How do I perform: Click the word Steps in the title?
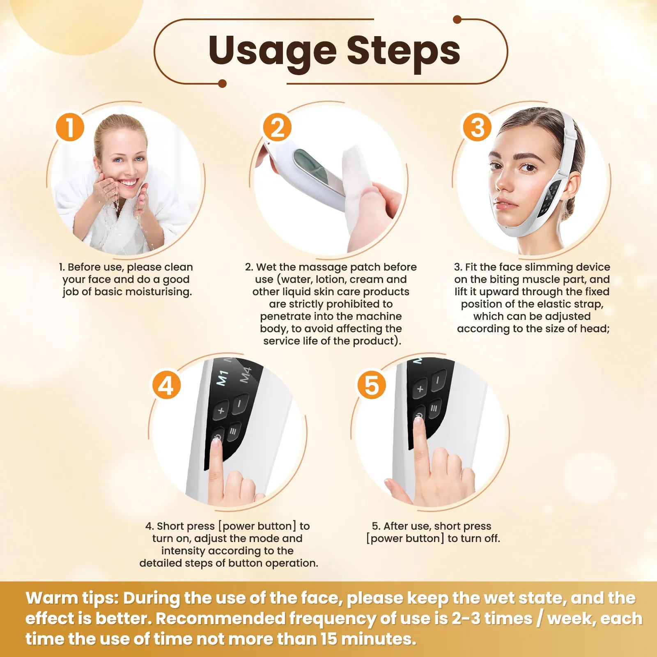[403, 50]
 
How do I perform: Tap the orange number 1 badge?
[70, 127]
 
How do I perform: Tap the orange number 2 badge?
[277, 127]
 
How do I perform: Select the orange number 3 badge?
[477, 127]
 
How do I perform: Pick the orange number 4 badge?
[166, 385]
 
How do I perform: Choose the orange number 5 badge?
[371, 385]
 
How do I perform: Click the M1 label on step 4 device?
[222, 378]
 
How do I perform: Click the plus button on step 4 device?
[221, 410]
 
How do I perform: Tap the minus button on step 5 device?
[438, 381]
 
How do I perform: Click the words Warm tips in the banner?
[72, 598]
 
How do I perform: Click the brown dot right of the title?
[457, 19]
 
